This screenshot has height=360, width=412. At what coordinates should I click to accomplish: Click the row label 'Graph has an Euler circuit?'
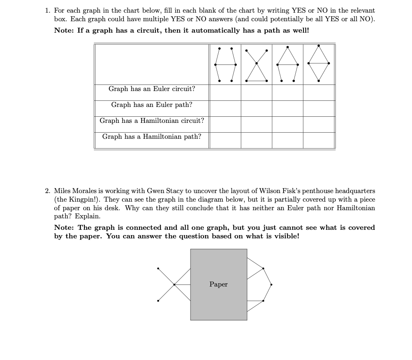click(152, 89)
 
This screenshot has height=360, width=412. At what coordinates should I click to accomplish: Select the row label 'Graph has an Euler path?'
click(152, 105)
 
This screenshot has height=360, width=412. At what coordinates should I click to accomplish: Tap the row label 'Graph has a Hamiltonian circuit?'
click(152, 121)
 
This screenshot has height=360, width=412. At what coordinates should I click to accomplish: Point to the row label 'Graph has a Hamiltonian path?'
click(152, 137)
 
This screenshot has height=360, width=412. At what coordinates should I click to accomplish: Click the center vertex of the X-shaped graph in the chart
click(257, 63)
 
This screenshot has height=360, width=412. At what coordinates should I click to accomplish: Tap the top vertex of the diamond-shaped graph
click(319, 46)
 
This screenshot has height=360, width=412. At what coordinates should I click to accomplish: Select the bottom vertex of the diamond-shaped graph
click(319, 81)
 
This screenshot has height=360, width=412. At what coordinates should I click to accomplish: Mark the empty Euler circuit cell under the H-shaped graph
click(225, 92)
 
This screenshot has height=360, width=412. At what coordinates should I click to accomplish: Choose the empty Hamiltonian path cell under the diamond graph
click(319, 140)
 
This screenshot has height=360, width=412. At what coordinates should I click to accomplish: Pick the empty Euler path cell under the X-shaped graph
click(257, 108)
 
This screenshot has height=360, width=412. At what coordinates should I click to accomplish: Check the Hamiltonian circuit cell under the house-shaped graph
click(288, 124)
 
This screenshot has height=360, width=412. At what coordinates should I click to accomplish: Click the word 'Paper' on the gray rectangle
click(219, 284)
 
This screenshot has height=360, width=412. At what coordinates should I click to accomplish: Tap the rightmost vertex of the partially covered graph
click(271, 284)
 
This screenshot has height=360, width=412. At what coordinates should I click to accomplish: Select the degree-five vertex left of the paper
click(174, 284)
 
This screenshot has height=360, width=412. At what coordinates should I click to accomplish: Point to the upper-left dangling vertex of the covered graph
click(158, 268)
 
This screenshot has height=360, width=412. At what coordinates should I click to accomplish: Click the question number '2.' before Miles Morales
click(48, 191)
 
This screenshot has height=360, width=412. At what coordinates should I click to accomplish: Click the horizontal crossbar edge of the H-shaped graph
click(225, 64)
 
